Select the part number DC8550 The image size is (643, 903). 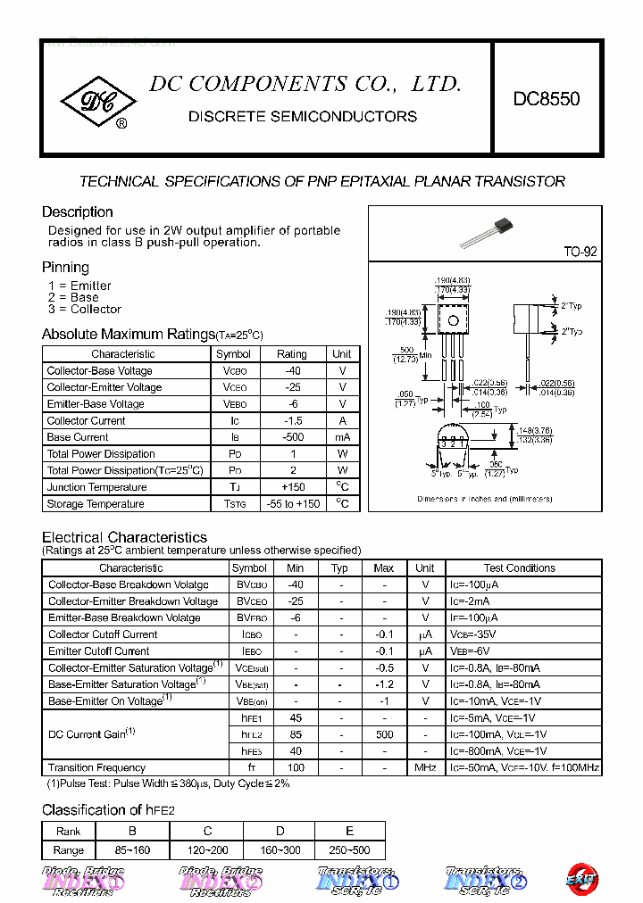pyautogui.click(x=546, y=98)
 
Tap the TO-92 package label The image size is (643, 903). pyautogui.click(x=580, y=253)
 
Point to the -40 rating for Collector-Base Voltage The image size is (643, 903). pyautogui.click(x=291, y=370)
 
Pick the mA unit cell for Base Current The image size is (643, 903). pyautogui.click(x=342, y=437)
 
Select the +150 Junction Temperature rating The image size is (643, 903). pyautogui.click(x=291, y=487)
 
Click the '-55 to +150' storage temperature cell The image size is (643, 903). pyautogui.click(x=291, y=504)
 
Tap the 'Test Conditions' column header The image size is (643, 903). pyautogui.click(x=519, y=567)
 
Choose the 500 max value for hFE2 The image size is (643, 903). pyautogui.click(x=384, y=734)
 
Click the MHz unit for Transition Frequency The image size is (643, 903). pyautogui.click(x=425, y=767)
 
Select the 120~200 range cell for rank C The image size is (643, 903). pyautogui.click(x=208, y=850)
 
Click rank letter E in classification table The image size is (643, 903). pyautogui.click(x=349, y=831)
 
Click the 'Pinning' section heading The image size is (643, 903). pyautogui.click(x=65, y=267)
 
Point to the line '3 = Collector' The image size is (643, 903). pyautogui.click(x=85, y=310)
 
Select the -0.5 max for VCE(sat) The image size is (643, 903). pyautogui.click(x=384, y=667)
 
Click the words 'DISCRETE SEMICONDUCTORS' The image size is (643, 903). pyautogui.click(x=303, y=117)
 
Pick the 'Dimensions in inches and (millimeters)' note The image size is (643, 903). pyautogui.click(x=484, y=499)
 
